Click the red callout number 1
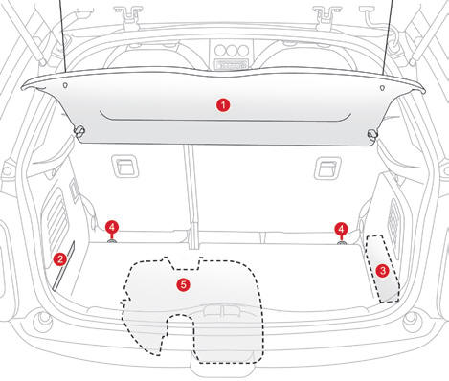223,105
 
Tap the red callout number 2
59,259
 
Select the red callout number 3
382,271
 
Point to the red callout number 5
184,284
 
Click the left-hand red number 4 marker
112,228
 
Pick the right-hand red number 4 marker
341,229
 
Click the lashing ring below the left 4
112,241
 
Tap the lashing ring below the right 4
342,243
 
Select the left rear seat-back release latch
124,167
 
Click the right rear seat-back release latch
327,168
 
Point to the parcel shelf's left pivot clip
79,131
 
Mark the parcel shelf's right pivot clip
372,135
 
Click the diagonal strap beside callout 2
63,266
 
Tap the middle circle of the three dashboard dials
232,51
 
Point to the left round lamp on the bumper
43,320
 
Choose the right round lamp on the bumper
411,320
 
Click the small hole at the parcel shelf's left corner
65,85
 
